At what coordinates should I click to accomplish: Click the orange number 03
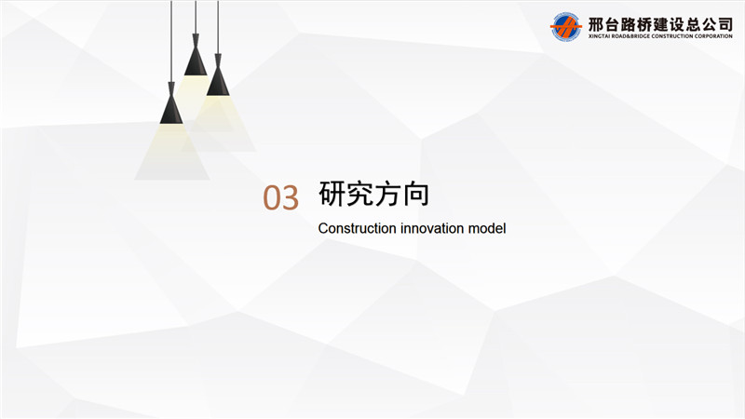[281, 197]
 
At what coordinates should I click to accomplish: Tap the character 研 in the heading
[332, 194]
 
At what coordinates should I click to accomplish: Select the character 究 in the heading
[360, 194]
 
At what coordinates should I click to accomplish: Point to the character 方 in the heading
[387, 194]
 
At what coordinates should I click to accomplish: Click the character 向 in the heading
[415, 194]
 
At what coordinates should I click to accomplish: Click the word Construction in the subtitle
[358, 228]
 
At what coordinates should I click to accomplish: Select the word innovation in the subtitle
[432, 228]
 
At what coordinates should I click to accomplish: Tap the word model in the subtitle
[487, 228]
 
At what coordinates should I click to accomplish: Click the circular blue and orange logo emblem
[565, 27]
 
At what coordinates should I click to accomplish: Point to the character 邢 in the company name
[596, 24]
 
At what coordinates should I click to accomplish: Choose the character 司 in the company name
[725, 24]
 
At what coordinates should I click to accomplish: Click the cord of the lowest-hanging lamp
[171, 42]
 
